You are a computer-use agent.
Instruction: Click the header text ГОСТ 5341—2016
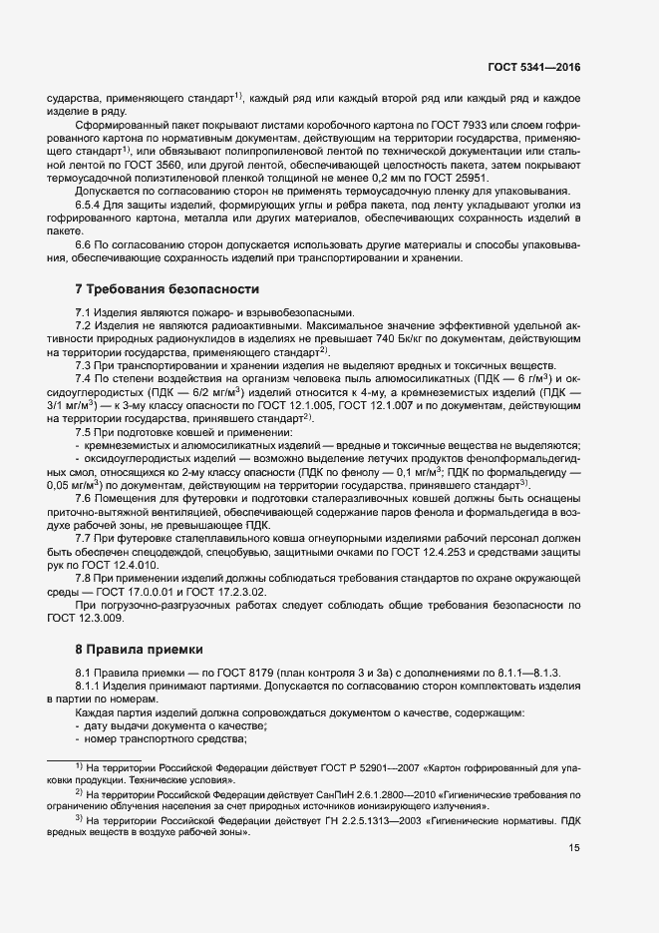click(x=533, y=67)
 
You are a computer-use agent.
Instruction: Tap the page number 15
click(x=573, y=848)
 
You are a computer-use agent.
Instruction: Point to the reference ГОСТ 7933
click(x=445, y=122)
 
